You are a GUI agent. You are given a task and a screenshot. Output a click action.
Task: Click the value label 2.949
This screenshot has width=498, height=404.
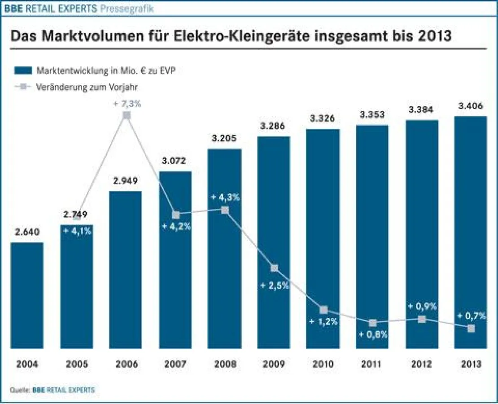pos(126,181)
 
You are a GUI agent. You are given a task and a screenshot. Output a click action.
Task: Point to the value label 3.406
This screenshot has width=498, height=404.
pos(471,106)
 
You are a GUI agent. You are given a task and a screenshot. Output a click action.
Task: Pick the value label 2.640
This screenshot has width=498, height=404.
pos(27,232)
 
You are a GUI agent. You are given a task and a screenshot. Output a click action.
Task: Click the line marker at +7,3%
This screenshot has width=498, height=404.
pos(127,115)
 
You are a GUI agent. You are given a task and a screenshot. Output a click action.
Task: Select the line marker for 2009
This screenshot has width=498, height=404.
pos(275,268)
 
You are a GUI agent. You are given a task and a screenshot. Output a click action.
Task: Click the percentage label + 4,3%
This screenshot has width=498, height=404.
pos(225,198)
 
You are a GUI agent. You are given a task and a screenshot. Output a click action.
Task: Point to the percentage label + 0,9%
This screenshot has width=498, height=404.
pos(422,306)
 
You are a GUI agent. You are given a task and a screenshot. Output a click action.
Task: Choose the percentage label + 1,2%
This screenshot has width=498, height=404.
pos(323,321)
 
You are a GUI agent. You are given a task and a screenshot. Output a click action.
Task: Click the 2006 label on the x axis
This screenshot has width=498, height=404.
pos(126,364)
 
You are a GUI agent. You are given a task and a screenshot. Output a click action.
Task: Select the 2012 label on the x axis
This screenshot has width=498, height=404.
pos(422,364)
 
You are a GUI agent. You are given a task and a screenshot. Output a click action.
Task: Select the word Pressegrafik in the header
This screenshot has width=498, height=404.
pos(127,8)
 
